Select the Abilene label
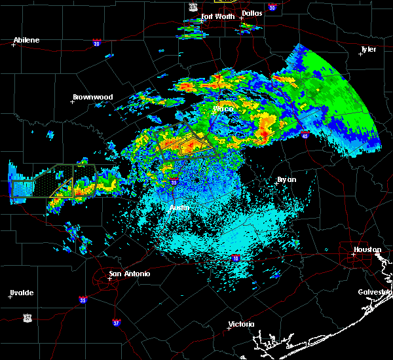[x=26, y=40]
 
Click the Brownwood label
[x=92, y=97]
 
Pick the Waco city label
[x=224, y=109]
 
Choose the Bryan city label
[x=286, y=179]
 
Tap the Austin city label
[x=179, y=207]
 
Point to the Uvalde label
[x=22, y=293]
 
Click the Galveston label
[x=375, y=292]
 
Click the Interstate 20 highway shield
[x=96, y=45]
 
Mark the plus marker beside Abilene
[x=13, y=45]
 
